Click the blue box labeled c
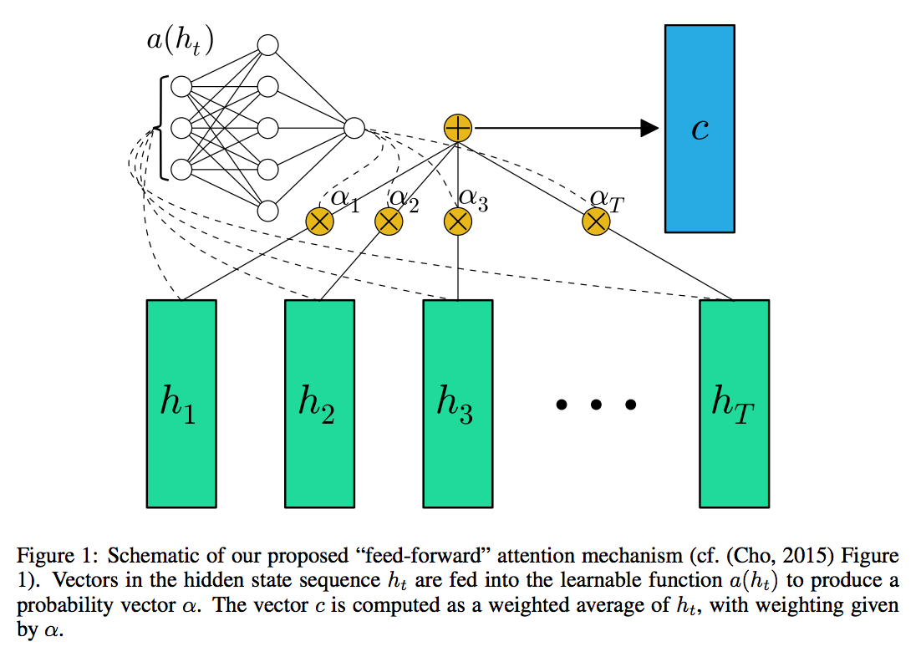tap(700, 129)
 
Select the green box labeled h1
tap(181, 404)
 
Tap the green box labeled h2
tap(319, 404)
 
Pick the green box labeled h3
tap(457, 404)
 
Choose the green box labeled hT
tap(735, 404)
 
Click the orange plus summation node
tap(457, 128)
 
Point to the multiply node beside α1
tap(319, 222)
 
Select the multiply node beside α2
tap(389, 222)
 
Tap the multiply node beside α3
tap(457, 222)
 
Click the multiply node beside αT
tap(596, 222)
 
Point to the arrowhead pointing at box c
tap(649, 128)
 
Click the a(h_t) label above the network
tap(180, 41)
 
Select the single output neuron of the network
tap(354, 128)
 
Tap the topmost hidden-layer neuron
tap(267, 45)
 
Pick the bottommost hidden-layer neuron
tap(267, 211)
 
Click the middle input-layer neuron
tap(181, 128)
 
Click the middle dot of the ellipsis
tap(596, 405)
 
